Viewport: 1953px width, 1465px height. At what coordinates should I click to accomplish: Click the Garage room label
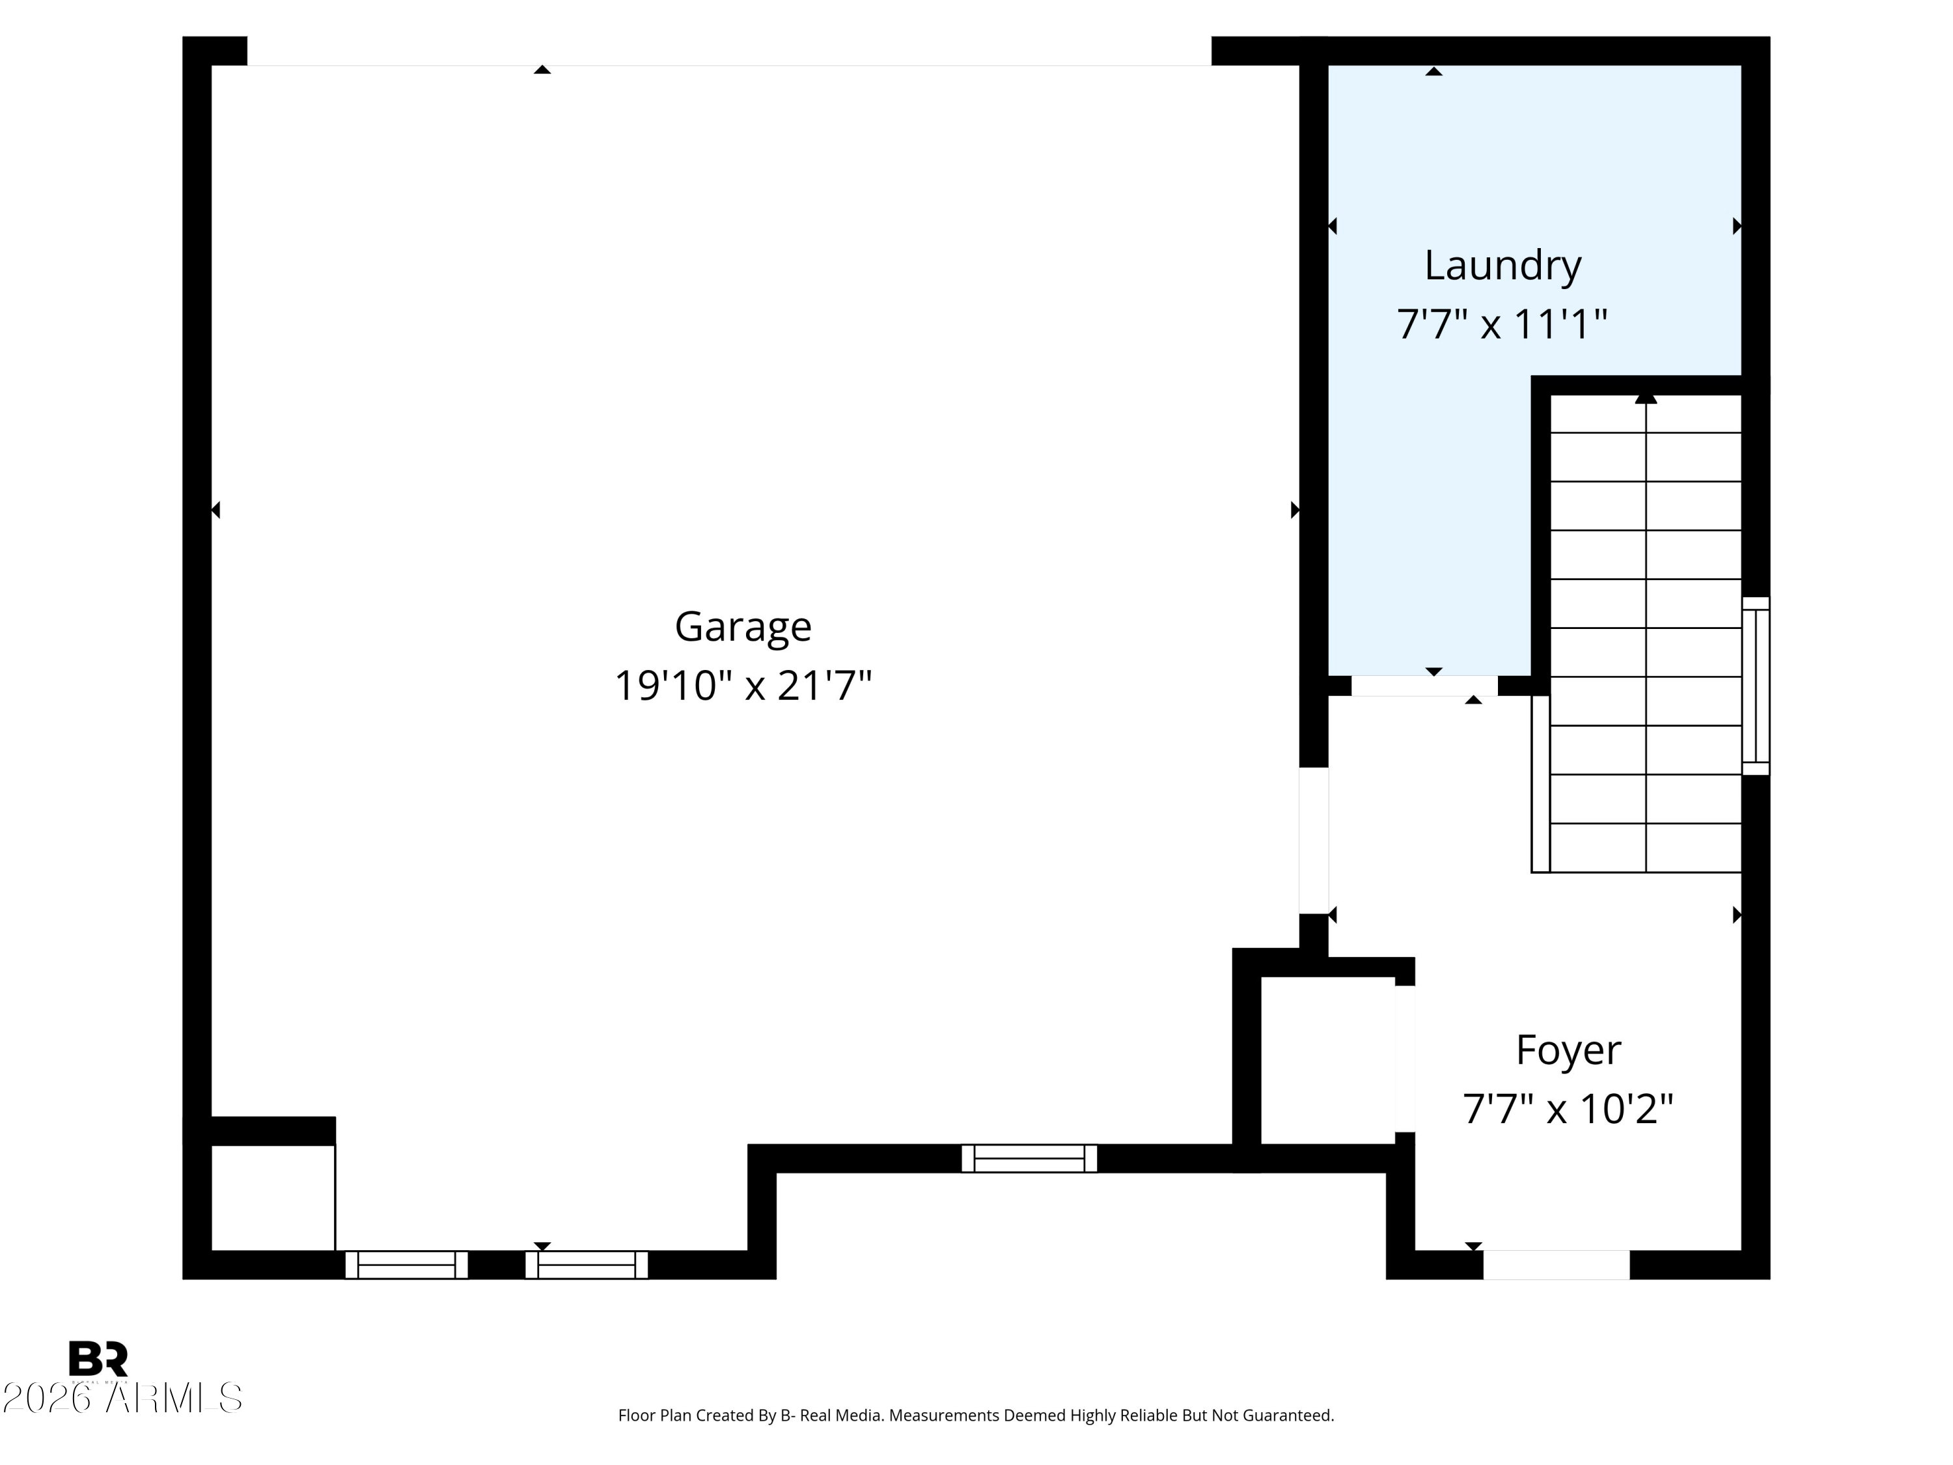point(743,626)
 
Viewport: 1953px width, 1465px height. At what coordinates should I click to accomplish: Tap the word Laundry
point(1502,265)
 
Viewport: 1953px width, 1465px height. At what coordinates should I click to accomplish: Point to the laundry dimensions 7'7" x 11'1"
point(1501,324)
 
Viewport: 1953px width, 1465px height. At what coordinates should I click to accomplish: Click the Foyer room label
point(1568,1050)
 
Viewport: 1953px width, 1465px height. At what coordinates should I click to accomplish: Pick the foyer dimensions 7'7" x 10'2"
point(1568,1109)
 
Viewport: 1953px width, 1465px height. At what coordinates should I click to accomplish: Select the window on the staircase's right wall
point(1755,686)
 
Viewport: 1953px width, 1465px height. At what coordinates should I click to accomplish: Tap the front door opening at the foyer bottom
point(1556,1264)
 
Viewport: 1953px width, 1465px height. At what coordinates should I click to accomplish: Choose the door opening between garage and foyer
point(1314,841)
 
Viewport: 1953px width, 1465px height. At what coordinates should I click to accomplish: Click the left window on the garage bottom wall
point(406,1264)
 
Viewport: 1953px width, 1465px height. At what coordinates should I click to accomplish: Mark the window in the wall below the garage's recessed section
point(1029,1158)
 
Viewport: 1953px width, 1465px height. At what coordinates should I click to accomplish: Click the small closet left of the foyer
point(1327,1059)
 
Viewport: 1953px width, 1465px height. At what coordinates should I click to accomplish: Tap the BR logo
point(98,1359)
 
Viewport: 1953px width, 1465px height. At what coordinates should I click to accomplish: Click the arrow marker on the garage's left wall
point(215,510)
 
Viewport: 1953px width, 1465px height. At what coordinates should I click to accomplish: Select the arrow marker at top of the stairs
point(1645,399)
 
